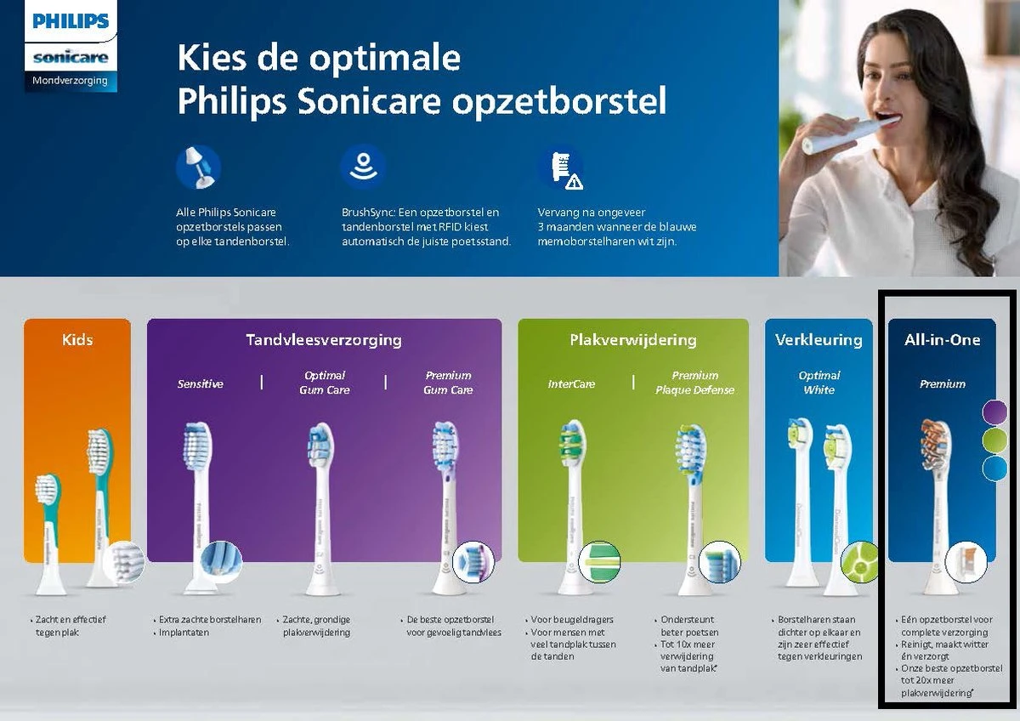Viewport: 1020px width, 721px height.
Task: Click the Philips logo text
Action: click(x=71, y=21)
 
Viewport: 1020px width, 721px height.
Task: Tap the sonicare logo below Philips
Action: click(x=71, y=57)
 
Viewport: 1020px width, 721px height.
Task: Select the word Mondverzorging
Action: click(x=70, y=81)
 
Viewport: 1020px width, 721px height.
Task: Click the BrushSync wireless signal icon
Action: click(x=363, y=165)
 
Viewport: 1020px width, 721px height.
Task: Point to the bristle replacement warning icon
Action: click(x=562, y=167)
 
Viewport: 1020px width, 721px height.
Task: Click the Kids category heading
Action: click(x=77, y=340)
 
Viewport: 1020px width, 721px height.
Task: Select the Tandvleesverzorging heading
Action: click(x=324, y=340)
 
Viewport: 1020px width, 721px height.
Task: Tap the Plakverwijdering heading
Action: click(x=632, y=340)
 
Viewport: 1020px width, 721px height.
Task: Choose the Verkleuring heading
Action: click(x=819, y=340)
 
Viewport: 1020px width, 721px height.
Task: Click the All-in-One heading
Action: click(x=942, y=340)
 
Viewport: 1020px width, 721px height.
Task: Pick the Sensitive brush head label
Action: click(x=200, y=384)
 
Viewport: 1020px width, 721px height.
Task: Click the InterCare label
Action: click(x=571, y=384)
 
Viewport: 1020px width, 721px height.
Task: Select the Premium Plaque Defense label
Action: click(x=694, y=383)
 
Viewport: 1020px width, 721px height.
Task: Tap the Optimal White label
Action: click(x=819, y=383)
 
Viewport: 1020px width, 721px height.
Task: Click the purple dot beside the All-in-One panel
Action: click(x=994, y=413)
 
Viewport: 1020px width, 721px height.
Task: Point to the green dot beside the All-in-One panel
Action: click(x=994, y=440)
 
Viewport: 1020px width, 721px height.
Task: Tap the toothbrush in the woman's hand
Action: click(x=841, y=137)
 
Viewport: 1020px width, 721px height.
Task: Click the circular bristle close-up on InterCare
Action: click(x=600, y=560)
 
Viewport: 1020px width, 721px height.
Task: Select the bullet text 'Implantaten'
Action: click(x=184, y=633)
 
